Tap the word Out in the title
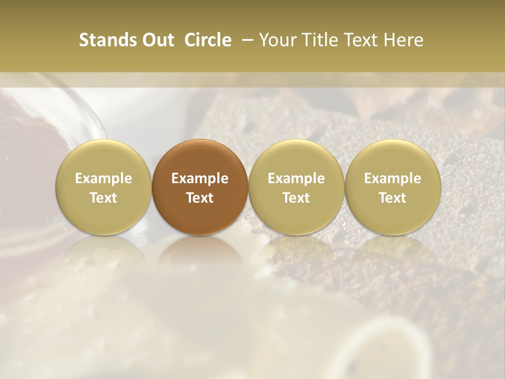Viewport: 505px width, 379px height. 156,41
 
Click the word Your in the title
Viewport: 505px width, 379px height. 277,41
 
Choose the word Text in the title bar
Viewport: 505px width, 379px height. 358,41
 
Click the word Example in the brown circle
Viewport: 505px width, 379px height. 200,178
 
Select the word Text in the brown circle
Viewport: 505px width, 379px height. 200,198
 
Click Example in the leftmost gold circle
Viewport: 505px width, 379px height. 104,178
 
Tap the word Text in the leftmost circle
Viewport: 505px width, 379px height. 104,198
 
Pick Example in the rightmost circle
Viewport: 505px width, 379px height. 392,178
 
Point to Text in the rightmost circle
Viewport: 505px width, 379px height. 392,198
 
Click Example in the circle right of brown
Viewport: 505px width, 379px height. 296,178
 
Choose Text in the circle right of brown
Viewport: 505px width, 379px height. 296,198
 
